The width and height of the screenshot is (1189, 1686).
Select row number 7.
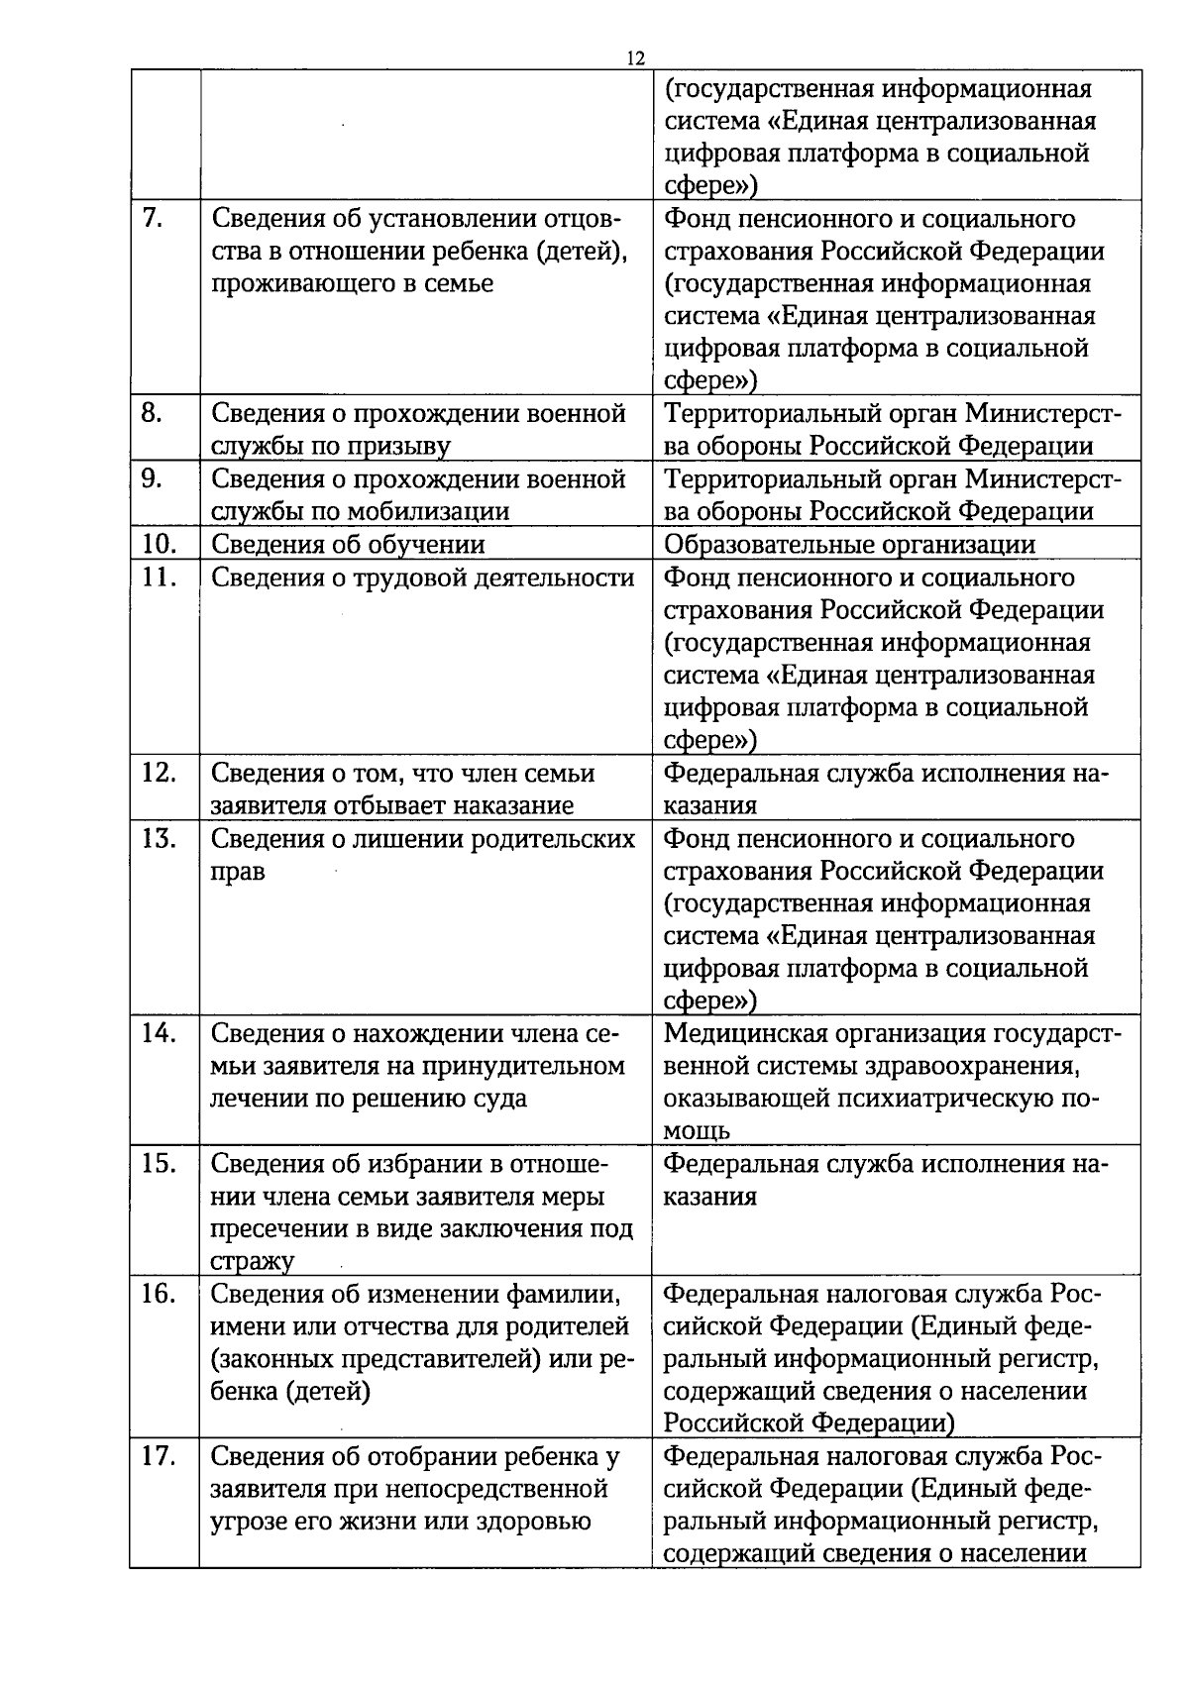153,219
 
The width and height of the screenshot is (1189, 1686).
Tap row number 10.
158,544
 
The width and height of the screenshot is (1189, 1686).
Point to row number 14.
158,1033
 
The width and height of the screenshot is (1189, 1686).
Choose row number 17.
158,1456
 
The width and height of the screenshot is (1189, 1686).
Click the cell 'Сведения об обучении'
348,545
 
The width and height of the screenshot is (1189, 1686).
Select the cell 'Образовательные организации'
849,545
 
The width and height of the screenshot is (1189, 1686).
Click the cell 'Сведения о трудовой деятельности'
423,578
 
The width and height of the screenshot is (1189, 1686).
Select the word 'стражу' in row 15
252,1261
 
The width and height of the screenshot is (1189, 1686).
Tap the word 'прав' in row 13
238,872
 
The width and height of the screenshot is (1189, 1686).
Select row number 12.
158,773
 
